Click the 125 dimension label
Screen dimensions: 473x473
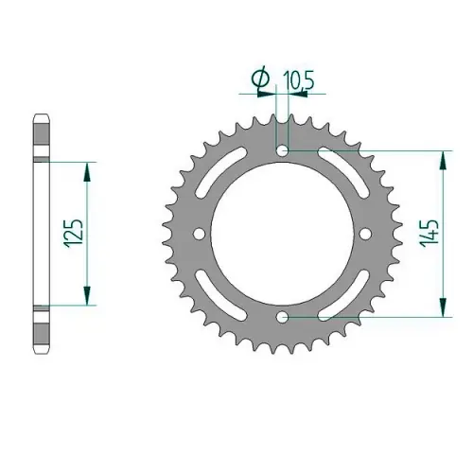pyautogui.click(x=75, y=233)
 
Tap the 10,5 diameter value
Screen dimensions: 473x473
pyautogui.click(x=298, y=80)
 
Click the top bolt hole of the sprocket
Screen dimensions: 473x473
pyautogui.click(x=282, y=151)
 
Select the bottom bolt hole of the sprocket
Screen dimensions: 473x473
pyautogui.click(x=283, y=317)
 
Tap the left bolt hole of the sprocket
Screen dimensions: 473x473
pyautogui.click(x=200, y=234)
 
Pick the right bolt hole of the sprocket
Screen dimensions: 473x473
pyautogui.click(x=365, y=234)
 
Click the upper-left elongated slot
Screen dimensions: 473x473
pyautogui.click(x=220, y=173)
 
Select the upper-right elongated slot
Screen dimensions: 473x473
pyautogui.click(x=343, y=173)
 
